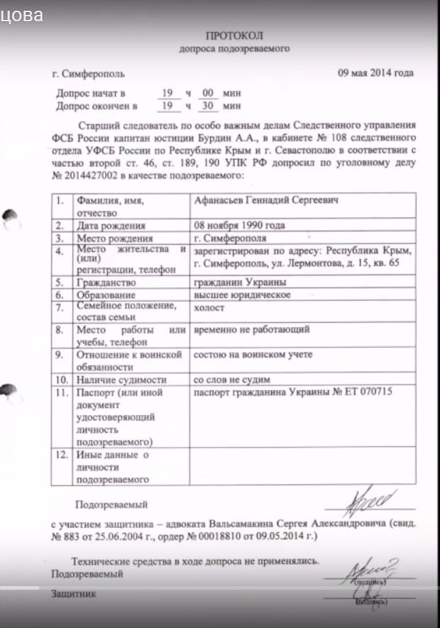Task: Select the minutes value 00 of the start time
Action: click(x=209, y=93)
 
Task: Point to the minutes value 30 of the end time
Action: click(x=209, y=106)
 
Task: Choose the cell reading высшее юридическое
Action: click(x=241, y=294)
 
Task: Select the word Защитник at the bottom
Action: click(x=73, y=593)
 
